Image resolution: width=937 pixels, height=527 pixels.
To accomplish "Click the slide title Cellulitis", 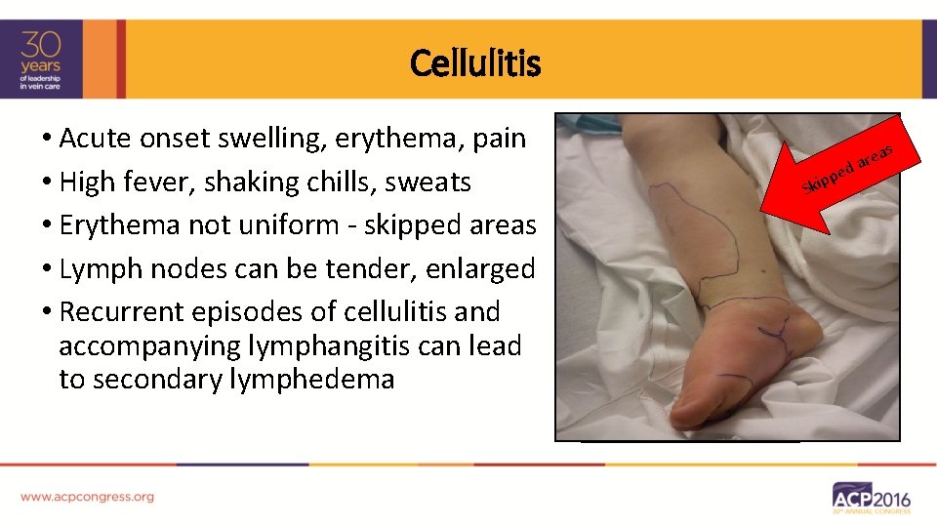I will (475, 63).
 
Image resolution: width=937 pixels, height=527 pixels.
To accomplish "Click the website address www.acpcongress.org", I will (87, 497).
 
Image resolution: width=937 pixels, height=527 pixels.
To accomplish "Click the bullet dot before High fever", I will (47, 182).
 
